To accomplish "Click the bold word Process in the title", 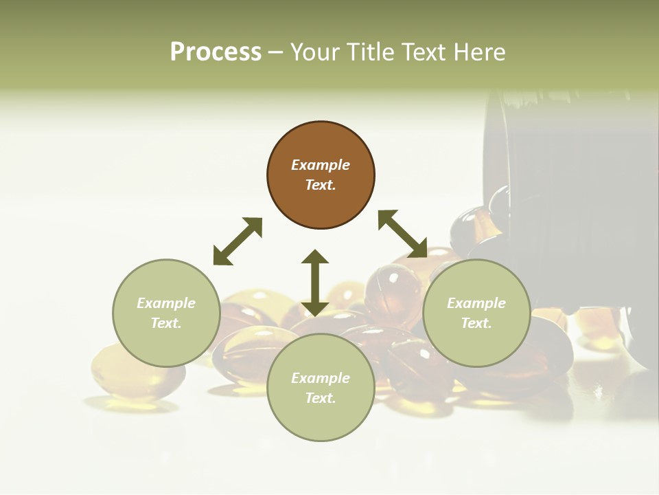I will [216, 52].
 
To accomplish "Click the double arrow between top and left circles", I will [238, 241].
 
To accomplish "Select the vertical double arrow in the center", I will [315, 283].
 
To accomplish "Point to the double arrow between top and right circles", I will [403, 234].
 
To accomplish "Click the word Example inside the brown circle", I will [321, 165].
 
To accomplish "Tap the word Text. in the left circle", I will [166, 323].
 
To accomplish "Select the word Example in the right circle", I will [476, 303].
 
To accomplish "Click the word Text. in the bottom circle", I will [321, 398].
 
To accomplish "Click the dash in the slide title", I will [276, 52].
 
